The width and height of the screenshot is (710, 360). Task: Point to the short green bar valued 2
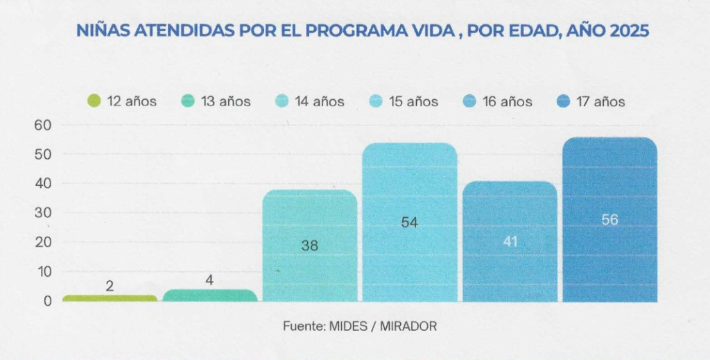click(x=110, y=298)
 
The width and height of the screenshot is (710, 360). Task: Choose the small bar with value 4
click(x=209, y=295)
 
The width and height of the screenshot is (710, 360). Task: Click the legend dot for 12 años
click(x=95, y=101)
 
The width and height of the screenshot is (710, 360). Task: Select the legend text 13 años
click(x=225, y=101)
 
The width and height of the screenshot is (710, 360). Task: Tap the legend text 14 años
click(x=319, y=101)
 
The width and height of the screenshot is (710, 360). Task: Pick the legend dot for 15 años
click(x=376, y=101)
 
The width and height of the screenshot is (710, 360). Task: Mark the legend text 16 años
click(x=507, y=101)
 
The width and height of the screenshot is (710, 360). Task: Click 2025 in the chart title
click(x=629, y=31)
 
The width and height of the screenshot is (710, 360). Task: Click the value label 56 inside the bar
click(x=609, y=220)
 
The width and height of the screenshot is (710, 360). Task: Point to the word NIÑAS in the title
click(x=101, y=31)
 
